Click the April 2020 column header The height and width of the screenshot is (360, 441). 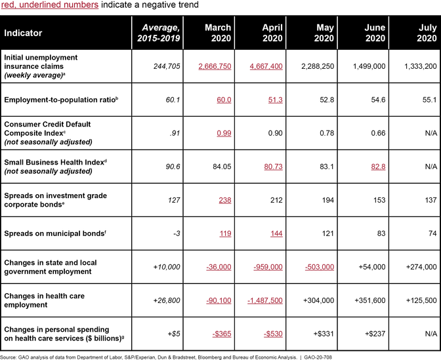(272, 33)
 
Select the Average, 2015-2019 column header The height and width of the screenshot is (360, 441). (158, 33)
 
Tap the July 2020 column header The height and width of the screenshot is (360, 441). (427, 33)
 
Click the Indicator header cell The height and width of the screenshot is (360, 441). (23, 33)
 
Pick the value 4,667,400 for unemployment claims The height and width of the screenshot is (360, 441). (266, 66)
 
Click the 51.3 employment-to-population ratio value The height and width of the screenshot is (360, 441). (276, 100)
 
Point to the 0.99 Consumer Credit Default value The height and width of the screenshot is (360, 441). (224, 133)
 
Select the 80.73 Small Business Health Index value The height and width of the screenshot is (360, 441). (273, 167)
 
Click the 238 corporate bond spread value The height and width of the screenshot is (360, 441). (225, 200)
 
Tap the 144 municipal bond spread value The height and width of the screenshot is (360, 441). (276, 233)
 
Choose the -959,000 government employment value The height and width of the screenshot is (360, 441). (268, 267)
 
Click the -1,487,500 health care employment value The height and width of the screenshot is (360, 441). (265, 300)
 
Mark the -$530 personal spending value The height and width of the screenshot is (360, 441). (273, 334)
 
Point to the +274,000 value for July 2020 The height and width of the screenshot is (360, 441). (421, 267)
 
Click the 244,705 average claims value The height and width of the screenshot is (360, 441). (167, 66)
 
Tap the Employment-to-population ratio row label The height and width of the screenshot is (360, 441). (61, 100)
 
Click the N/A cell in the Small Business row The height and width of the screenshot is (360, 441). (431, 167)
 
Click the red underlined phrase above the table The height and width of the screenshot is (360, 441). (50, 5)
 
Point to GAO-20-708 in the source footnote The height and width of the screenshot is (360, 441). (318, 357)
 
